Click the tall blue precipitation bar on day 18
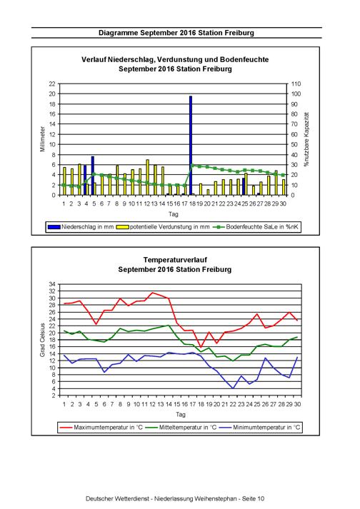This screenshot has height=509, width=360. (191, 146)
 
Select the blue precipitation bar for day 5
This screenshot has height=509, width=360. (93, 176)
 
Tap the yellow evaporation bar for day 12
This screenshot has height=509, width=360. (148, 177)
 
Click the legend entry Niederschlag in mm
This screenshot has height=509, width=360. (81, 227)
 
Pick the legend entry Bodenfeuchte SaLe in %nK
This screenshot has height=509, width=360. (256, 227)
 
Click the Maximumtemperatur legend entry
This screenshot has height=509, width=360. (101, 428)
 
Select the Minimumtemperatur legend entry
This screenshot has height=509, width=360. (259, 428)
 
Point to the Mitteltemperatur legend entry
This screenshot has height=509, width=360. (181, 428)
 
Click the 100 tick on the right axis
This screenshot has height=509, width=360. (296, 94)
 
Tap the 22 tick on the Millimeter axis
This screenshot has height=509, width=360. (52, 84)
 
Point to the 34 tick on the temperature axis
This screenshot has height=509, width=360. (52, 284)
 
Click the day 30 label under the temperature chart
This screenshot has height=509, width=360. (297, 405)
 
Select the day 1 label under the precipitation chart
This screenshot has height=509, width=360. (64, 204)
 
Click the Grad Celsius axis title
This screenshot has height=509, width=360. (42, 340)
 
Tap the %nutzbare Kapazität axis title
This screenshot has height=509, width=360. (306, 139)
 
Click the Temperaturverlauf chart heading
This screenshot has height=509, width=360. (175, 260)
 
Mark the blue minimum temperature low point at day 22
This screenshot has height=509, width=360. (233, 388)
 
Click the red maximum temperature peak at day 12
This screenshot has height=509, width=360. (152, 293)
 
